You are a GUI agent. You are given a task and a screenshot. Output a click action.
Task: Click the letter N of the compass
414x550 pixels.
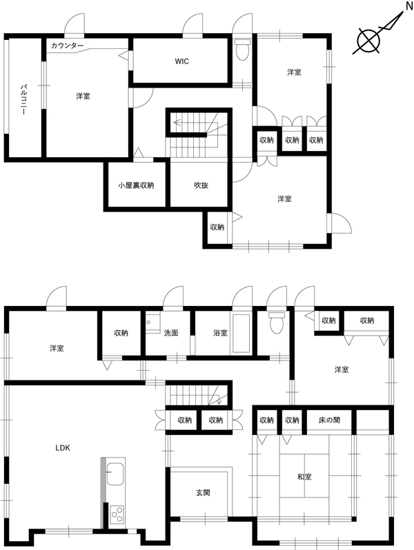[x=409, y=6]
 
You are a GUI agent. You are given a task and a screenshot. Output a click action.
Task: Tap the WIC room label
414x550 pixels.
[x=182, y=61]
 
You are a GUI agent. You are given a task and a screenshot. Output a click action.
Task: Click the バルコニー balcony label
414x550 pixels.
[x=24, y=100]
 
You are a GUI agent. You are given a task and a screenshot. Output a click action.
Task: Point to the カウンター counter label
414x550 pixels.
[x=67, y=45]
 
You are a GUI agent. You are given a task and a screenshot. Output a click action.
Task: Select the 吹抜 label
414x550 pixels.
[x=201, y=185]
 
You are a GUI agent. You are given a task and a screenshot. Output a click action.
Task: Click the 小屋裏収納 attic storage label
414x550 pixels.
[x=136, y=185]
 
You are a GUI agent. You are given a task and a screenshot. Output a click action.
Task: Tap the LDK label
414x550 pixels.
[x=63, y=448]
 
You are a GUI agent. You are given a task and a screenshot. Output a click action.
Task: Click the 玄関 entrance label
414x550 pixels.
[x=203, y=493]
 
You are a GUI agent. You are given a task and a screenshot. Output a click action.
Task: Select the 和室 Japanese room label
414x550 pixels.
[x=304, y=477]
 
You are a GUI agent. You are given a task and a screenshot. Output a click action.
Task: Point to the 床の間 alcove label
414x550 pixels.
[x=329, y=420]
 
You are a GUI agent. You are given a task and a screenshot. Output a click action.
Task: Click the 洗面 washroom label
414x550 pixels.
[x=171, y=333]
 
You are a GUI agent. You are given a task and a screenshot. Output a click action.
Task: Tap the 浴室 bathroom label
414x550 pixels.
[x=220, y=333]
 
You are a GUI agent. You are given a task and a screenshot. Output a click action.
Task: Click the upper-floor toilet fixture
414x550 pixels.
[x=242, y=50]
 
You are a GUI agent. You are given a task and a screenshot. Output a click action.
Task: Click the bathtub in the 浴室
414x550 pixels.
[x=241, y=334]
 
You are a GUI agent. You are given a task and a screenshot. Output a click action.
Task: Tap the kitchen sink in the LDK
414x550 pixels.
[x=115, y=473]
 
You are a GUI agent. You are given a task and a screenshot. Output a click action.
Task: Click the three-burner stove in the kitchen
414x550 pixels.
[x=117, y=515]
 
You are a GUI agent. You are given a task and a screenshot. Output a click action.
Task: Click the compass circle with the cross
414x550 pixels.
[x=368, y=41]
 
